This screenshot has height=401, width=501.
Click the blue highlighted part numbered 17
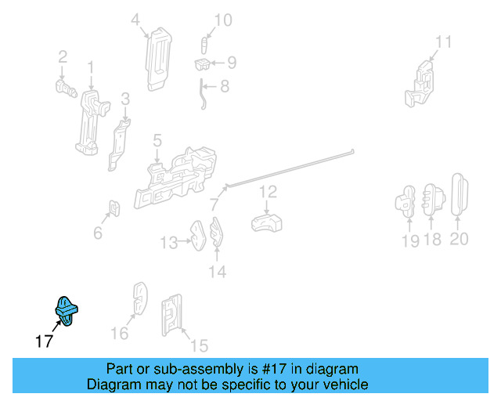[66, 311]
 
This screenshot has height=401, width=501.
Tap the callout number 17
[44, 341]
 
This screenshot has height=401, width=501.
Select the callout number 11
[444, 42]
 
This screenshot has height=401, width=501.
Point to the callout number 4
[135, 20]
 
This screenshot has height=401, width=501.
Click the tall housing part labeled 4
[158, 60]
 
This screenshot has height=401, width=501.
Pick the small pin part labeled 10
[204, 45]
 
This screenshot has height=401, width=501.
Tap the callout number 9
[232, 63]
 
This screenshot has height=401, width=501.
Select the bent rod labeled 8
[202, 94]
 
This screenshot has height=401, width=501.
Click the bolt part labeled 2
[66, 89]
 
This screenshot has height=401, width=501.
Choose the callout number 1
[91, 67]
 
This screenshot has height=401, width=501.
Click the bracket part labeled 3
[119, 145]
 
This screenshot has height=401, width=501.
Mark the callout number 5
[157, 140]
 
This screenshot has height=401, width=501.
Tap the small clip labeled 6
[115, 208]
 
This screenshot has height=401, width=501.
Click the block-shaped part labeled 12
[266, 223]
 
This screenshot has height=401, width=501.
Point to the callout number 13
[169, 243]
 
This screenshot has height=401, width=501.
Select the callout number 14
[218, 272]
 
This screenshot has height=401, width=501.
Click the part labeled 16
[140, 298]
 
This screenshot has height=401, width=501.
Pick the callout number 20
[460, 239]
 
